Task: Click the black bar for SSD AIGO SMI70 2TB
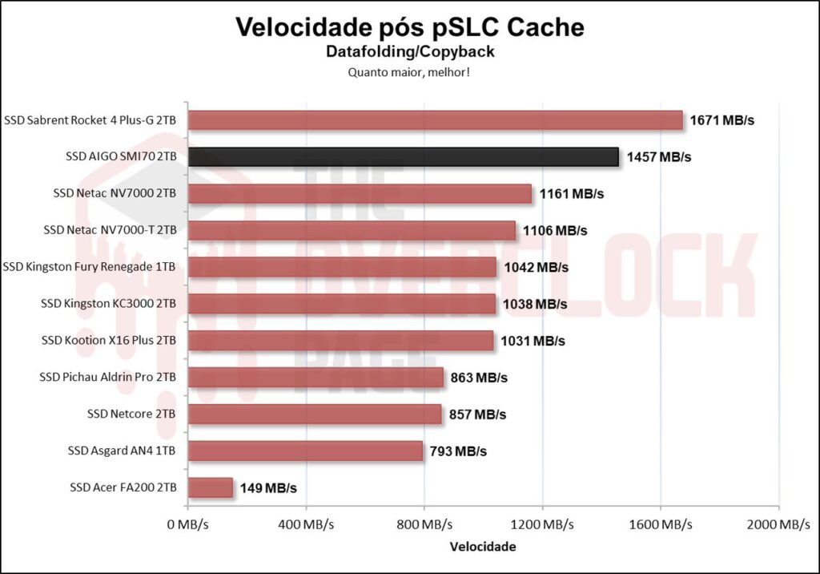click(x=403, y=156)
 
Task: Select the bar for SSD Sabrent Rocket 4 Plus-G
click(x=435, y=120)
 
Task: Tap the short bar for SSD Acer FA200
click(x=210, y=487)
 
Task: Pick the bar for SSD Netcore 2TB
click(x=315, y=414)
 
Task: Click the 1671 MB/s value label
click(x=723, y=120)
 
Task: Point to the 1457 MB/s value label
click(x=659, y=157)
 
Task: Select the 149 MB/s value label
click(x=268, y=487)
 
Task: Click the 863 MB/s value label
click(x=479, y=377)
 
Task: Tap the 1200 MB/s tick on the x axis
click(x=542, y=525)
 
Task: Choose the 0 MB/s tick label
click(x=187, y=525)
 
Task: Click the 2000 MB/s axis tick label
click(x=778, y=525)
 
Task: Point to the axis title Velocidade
click(x=483, y=547)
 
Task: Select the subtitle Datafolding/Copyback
click(x=409, y=52)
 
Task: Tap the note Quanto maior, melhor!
click(x=409, y=72)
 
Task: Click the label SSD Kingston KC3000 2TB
click(x=108, y=304)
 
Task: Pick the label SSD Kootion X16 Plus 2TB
click(x=108, y=341)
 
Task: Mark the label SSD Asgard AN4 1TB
click(x=122, y=451)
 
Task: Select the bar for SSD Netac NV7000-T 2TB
click(x=352, y=230)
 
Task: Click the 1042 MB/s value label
click(x=537, y=267)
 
